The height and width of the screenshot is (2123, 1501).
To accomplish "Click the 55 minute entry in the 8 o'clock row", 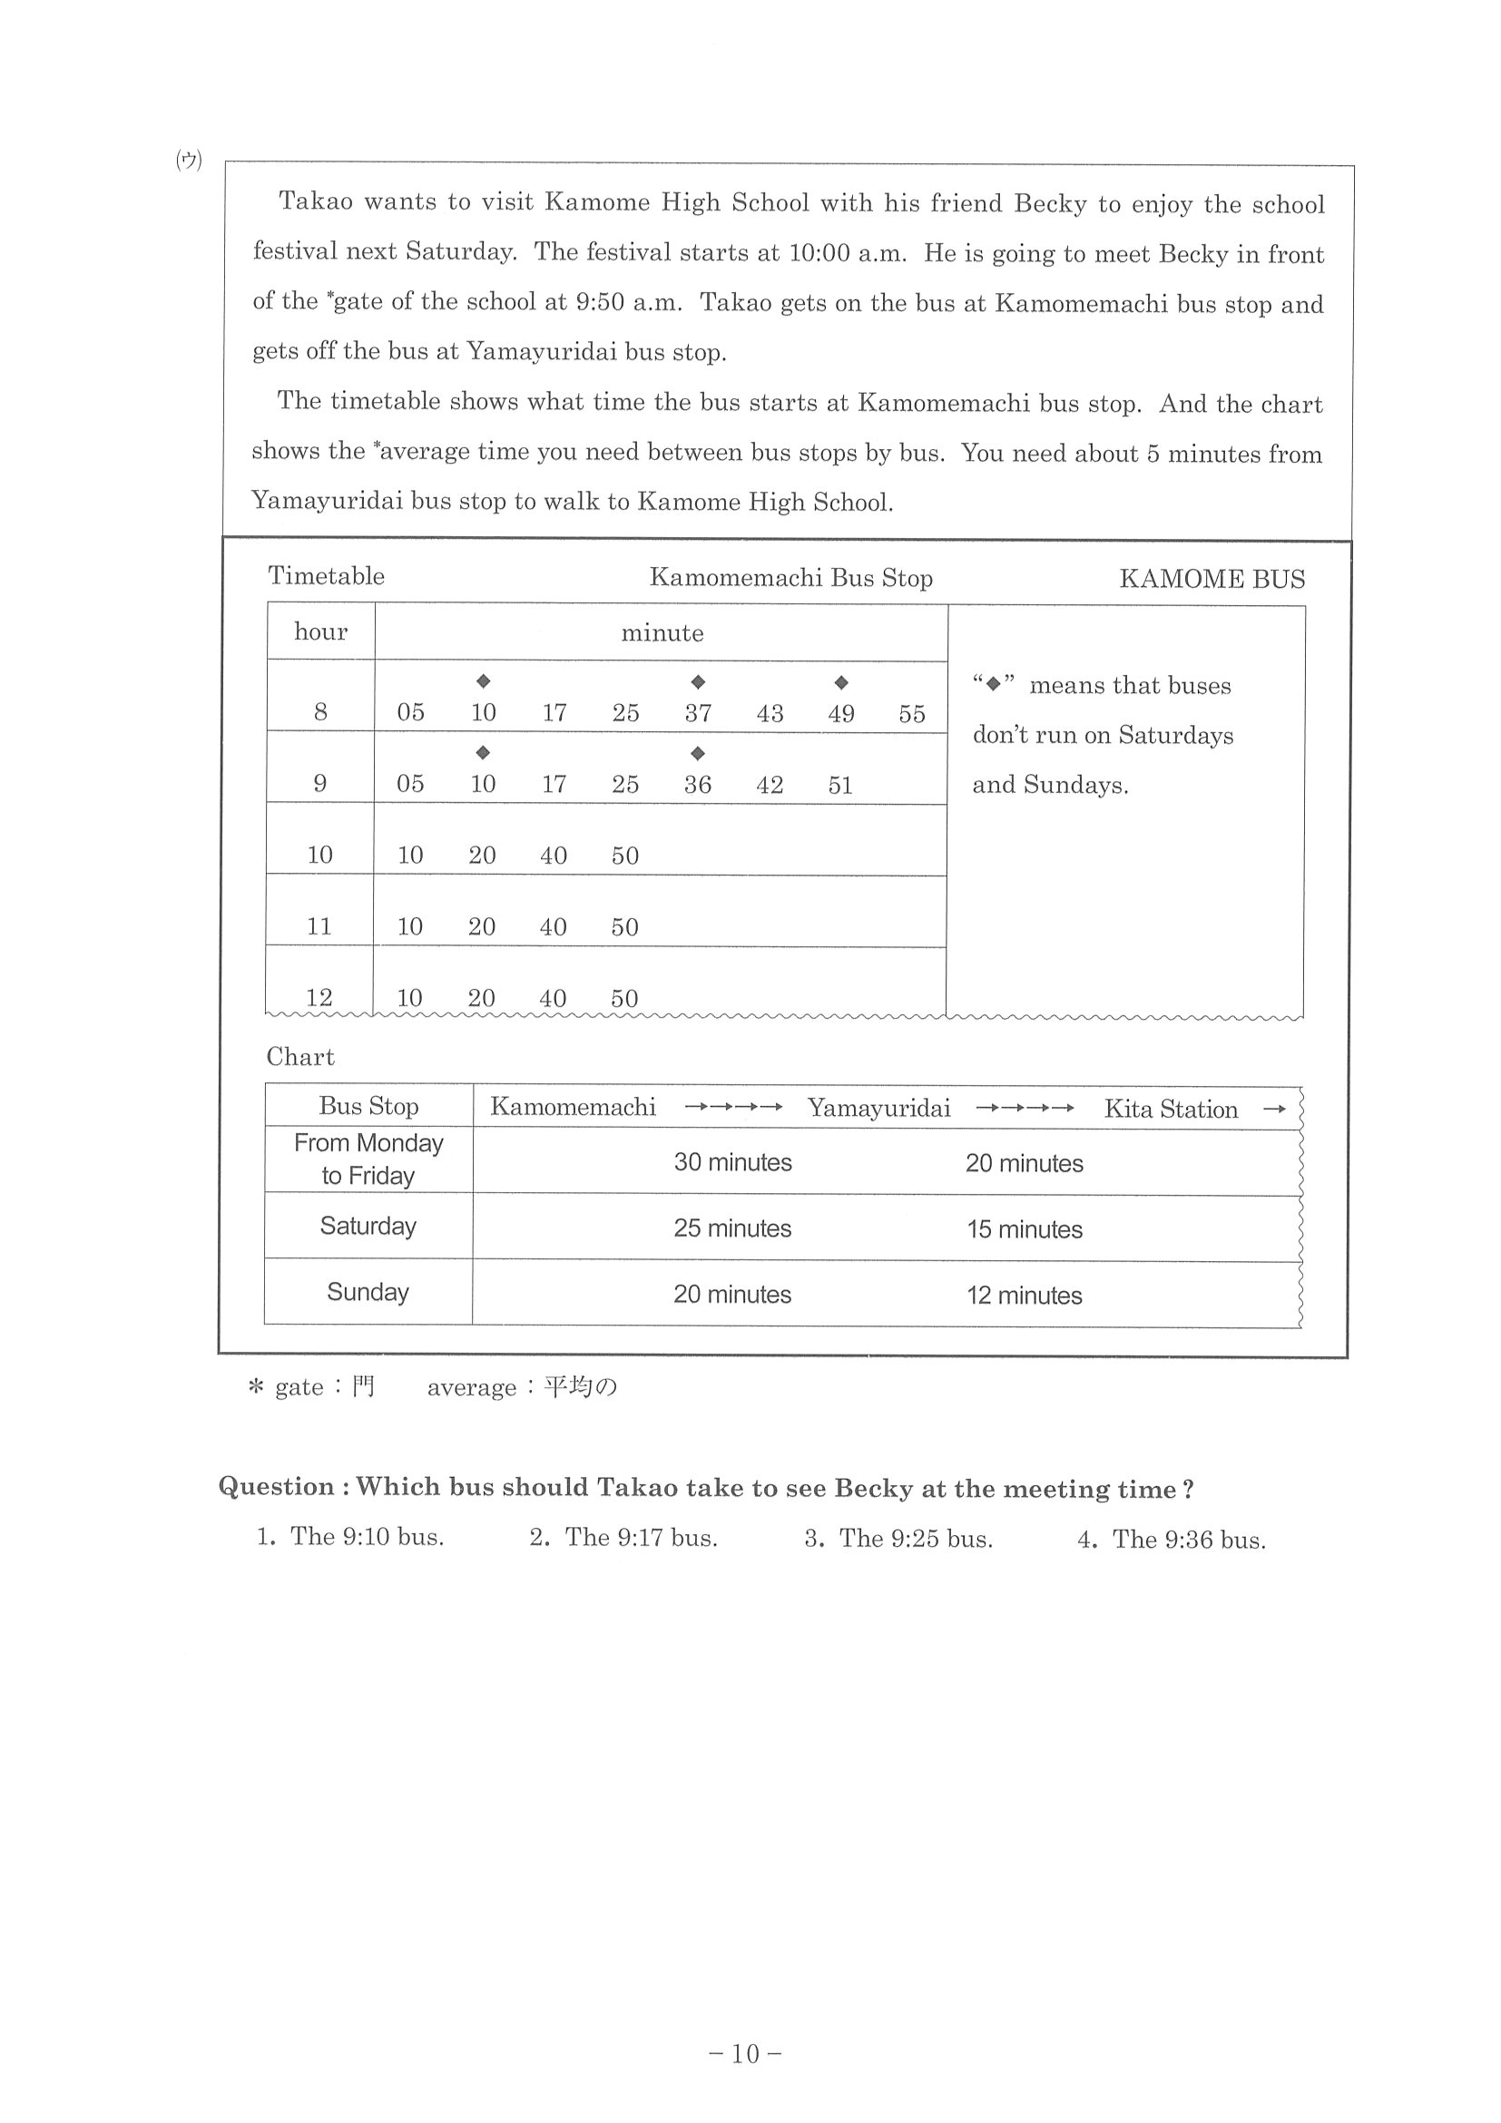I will click(x=911, y=714).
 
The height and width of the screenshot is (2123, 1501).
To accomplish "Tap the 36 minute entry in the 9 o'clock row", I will click(x=697, y=785).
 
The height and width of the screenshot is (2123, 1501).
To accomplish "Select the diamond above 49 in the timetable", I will click(x=840, y=683).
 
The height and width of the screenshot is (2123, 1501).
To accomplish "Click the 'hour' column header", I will click(x=320, y=631).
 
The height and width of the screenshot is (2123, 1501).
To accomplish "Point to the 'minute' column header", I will click(x=662, y=633).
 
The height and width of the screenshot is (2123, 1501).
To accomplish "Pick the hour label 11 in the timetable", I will click(x=319, y=926).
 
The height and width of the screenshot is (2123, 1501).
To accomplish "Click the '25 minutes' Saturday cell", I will click(x=731, y=1228).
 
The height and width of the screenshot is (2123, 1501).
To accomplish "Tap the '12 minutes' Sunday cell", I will click(x=1024, y=1296).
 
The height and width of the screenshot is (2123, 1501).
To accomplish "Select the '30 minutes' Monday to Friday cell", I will click(x=732, y=1162).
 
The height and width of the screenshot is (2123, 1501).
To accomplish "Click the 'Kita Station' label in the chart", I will click(x=1170, y=1110).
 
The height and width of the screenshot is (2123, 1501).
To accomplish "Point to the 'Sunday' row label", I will click(x=368, y=1292).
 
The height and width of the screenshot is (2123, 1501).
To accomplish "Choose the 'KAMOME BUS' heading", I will click(x=1212, y=579).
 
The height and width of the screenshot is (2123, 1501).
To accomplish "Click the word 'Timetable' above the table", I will click(x=326, y=576).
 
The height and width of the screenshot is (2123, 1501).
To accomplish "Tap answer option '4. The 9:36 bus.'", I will click(x=1171, y=1540).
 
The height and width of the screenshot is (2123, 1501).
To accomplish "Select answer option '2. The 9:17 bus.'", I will click(x=623, y=1538).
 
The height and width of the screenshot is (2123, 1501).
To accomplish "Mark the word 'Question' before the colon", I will click(x=276, y=1487).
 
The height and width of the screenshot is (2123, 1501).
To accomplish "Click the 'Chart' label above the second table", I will click(x=299, y=1057).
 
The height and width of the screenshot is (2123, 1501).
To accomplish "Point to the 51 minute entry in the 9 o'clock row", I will click(x=839, y=785).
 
